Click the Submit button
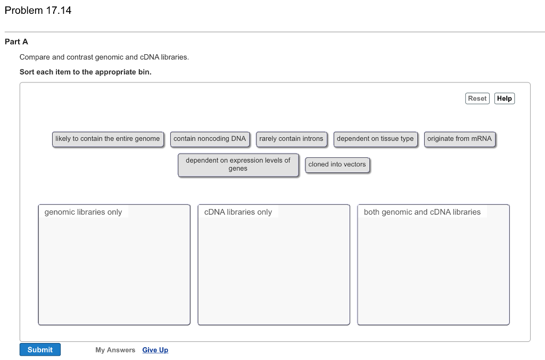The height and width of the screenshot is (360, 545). (40, 349)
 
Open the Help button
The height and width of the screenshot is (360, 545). (504, 98)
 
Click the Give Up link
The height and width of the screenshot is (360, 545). (155, 350)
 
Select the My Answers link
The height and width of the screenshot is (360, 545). (115, 350)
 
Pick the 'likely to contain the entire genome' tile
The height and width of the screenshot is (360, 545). (108, 139)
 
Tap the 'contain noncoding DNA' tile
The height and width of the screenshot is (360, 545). (210, 139)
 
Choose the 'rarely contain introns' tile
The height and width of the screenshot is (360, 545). (291, 139)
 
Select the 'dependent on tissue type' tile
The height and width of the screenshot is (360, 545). (375, 139)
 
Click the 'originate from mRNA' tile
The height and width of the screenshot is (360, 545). (459, 139)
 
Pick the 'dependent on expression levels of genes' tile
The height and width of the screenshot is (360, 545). (238, 164)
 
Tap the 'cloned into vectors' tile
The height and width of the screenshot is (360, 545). (337, 164)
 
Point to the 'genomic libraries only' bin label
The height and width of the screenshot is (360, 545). (83, 212)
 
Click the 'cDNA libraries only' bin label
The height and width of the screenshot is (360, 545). (238, 212)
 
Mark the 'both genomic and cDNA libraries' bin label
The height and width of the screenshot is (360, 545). (422, 212)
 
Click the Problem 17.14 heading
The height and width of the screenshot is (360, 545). (38, 11)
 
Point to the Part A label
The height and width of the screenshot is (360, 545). (16, 41)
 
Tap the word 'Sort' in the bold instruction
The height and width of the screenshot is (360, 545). (27, 72)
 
